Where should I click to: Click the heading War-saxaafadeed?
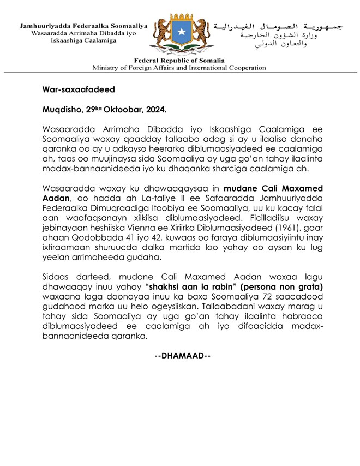click(x=79, y=89)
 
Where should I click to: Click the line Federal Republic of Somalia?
click(x=179, y=61)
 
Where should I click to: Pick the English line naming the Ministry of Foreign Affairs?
click(x=179, y=68)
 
